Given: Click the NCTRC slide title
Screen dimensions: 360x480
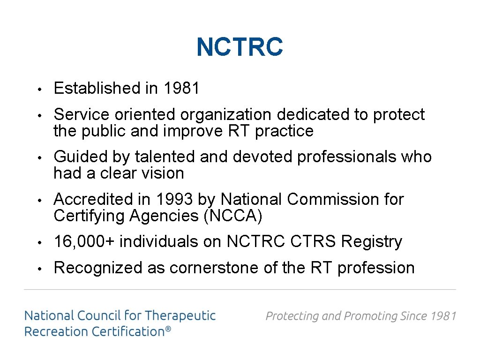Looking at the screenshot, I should click(240, 47).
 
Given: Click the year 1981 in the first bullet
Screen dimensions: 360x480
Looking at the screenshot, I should click(181, 88).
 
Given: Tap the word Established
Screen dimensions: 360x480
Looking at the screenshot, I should click(99, 88).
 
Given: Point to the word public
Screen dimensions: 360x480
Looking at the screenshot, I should click(104, 131).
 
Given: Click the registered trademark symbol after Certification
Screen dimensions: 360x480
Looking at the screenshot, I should click(168, 330).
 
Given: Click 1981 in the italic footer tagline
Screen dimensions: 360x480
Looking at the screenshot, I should click(443, 316).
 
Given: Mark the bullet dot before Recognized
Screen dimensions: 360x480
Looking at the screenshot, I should click(41, 269).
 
